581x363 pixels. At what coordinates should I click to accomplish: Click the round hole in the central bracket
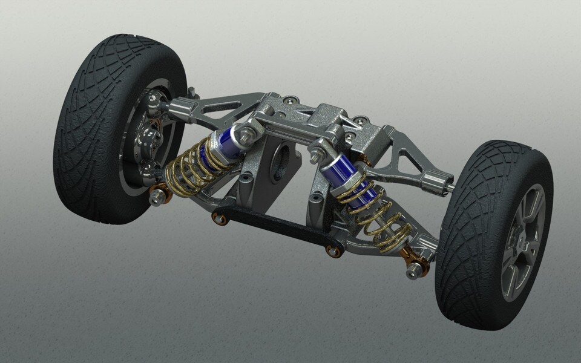[x=280, y=162]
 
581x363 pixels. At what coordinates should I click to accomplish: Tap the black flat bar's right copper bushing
[x=332, y=250]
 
